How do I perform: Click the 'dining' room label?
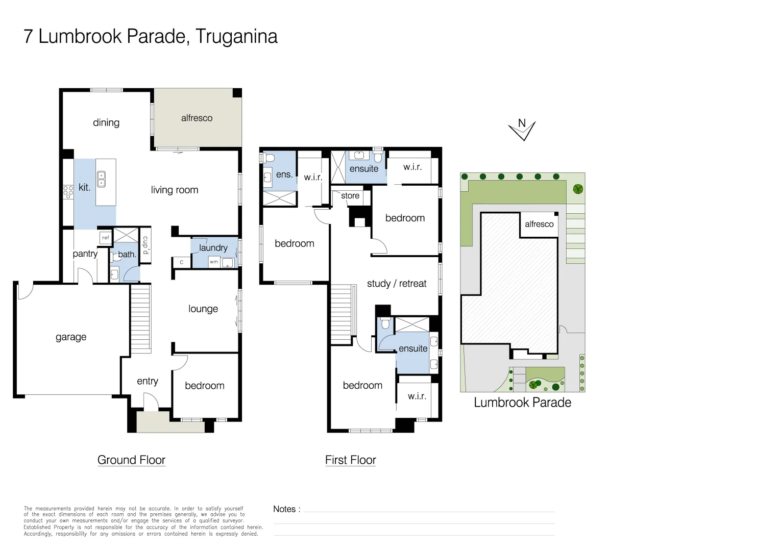(x=106, y=122)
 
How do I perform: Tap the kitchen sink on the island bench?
(x=102, y=179)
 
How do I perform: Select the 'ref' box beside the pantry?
(x=106, y=237)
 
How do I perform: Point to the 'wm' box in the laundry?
(x=214, y=262)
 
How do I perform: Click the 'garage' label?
(x=71, y=337)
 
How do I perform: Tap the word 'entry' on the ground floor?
(x=148, y=381)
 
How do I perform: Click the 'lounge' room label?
(x=203, y=309)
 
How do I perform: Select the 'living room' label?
(x=175, y=190)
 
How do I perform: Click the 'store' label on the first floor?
(x=350, y=195)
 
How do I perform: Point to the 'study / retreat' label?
(x=397, y=283)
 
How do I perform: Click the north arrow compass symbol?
(x=522, y=130)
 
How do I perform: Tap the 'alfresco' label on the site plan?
(x=539, y=224)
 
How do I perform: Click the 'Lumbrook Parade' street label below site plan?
(x=522, y=403)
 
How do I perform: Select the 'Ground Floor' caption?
(x=131, y=460)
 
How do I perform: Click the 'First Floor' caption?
(x=351, y=460)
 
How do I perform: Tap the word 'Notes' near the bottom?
(x=284, y=509)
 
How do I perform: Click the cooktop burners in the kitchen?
(x=68, y=192)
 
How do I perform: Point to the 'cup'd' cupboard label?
(x=145, y=245)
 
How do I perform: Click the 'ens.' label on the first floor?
(x=284, y=174)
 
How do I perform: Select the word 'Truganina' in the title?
(x=236, y=37)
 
